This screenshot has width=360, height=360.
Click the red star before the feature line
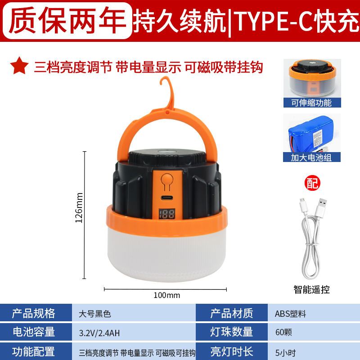(19, 67)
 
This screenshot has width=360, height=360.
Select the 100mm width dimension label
(166, 295)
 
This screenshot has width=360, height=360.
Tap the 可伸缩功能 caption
(312, 103)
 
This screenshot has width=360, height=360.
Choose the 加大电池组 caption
(312, 157)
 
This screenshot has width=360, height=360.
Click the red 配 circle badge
(311, 183)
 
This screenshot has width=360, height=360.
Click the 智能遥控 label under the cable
(311, 289)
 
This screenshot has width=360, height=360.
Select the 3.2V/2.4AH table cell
(99, 333)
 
